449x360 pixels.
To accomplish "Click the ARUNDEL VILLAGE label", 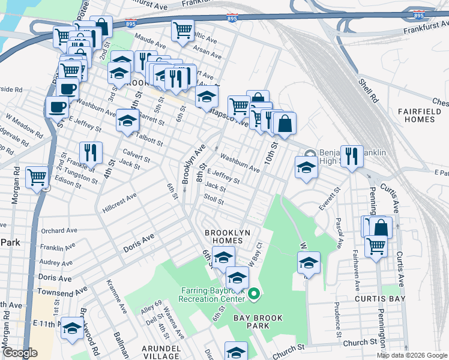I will coord(161,352).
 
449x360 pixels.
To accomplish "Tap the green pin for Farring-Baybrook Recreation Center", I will coord(254,294).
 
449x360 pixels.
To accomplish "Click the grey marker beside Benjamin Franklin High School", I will coord(310,154).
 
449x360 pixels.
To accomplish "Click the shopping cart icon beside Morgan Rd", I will coord(37,178).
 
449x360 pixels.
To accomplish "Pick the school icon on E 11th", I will coord(73,328).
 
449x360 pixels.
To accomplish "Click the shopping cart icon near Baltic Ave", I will coord(182,29).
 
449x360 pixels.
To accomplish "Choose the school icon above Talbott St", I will coord(127,120).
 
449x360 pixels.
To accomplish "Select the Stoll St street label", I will coord(214,199).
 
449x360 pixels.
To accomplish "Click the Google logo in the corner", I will coord(20,353).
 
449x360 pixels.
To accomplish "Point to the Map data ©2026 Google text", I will coord(412,355).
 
